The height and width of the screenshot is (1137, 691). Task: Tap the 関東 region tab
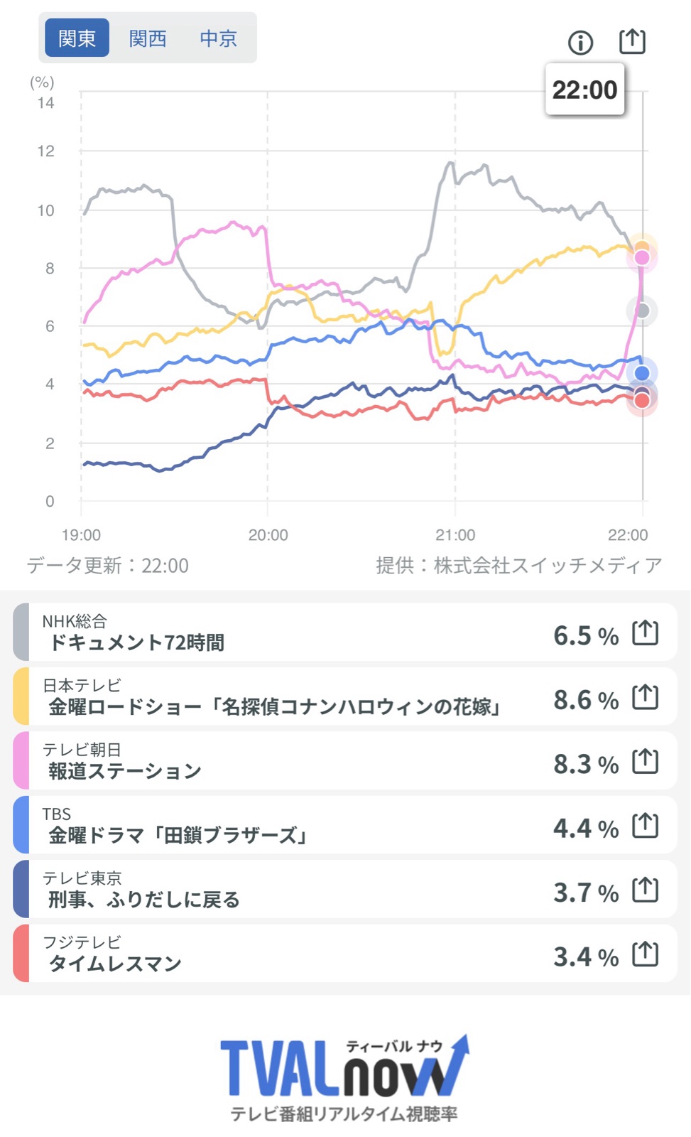77,38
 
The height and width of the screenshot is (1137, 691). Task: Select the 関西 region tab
148,38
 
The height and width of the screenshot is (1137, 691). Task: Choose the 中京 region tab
218,38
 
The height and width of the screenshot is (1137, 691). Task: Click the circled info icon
580,43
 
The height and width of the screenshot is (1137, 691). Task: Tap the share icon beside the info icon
632,41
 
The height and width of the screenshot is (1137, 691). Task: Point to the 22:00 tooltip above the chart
584,90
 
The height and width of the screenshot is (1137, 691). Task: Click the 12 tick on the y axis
46,151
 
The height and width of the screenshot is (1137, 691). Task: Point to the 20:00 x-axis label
268,535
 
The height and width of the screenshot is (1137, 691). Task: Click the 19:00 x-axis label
81,535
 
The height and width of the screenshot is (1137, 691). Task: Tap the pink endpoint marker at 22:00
642,257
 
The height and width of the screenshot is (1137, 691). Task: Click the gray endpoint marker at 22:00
642,311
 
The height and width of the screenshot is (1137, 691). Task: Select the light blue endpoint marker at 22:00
642,372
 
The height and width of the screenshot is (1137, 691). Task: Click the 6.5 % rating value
585,635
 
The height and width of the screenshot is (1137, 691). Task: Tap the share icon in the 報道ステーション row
645,761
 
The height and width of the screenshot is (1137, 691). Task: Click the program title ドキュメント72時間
136,642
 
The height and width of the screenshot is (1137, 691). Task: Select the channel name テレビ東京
82,878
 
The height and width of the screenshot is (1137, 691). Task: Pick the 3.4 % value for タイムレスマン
585,957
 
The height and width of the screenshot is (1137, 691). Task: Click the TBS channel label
57,814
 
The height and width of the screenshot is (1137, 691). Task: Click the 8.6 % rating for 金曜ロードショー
585,700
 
